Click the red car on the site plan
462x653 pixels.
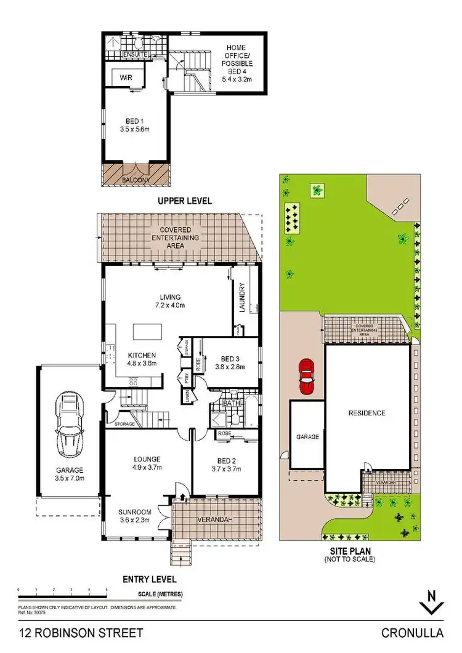pos(306,377)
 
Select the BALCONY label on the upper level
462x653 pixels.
pos(136,180)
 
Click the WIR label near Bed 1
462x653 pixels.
pos(126,78)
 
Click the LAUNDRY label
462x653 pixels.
pos(242,297)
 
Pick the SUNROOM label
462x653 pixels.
pos(134,511)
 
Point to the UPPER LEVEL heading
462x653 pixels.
pos(184,201)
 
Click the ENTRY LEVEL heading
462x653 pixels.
pos(150,579)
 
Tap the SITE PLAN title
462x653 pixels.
pos(350,551)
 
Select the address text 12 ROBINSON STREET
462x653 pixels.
pos(82,633)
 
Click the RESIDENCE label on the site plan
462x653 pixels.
pos(367,413)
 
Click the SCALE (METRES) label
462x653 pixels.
pos(159,595)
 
